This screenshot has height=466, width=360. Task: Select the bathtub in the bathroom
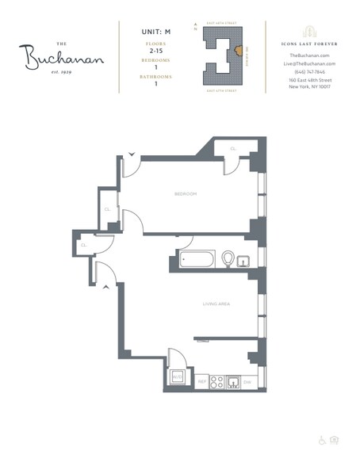coord(195,258)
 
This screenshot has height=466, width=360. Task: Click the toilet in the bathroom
coord(228,258)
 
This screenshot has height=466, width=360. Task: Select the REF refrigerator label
coord(201,382)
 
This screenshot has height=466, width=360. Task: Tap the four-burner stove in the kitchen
coord(216,382)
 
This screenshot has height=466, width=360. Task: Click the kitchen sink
coord(232,382)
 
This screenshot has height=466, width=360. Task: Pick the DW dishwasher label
coord(247,382)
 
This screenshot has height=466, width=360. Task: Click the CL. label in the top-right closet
coord(233,148)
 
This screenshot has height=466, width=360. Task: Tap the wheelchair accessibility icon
coord(322,439)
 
